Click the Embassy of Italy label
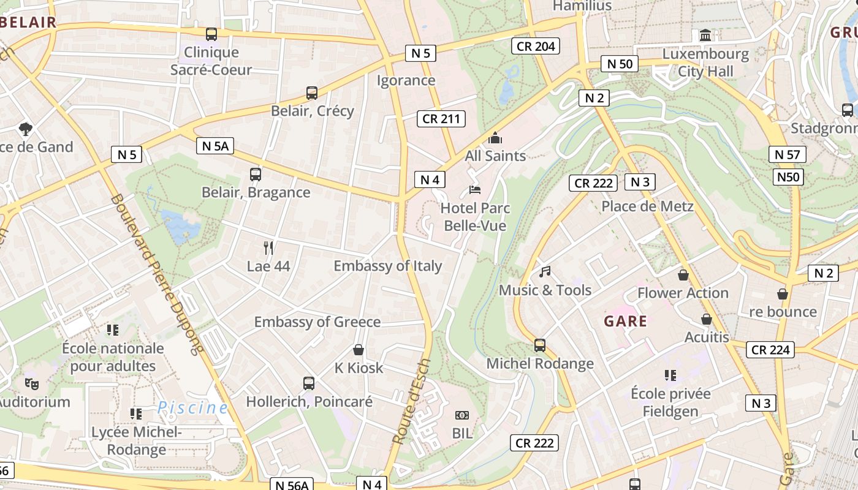pyautogui.click(x=387, y=266)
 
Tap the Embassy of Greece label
pyautogui.click(x=317, y=322)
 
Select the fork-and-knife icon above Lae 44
pyautogui.click(x=268, y=247)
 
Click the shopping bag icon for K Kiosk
pyautogui.click(x=359, y=350)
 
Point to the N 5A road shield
pyautogui.click(x=215, y=146)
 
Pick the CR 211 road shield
pyautogui.click(x=441, y=119)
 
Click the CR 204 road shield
pyautogui.click(x=536, y=46)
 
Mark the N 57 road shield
pyautogui.click(x=787, y=154)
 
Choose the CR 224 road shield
pyautogui.click(x=770, y=350)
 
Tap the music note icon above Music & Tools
pyautogui.click(x=545, y=271)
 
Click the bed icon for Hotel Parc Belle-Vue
pyautogui.click(x=474, y=190)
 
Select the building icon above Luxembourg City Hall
pyautogui.click(x=705, y=36)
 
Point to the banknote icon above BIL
pyautogui.click(x=462, y=415)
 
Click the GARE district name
pyautogui.click(x=625, y=321)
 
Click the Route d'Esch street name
pyautogui.click(x=411, y=401)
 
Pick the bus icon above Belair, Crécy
pyautogui.click(x=312, y=93)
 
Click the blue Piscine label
pyautogui.click(x=192, y=407)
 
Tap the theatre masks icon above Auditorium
pyautogui.click(x=31, y=384)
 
